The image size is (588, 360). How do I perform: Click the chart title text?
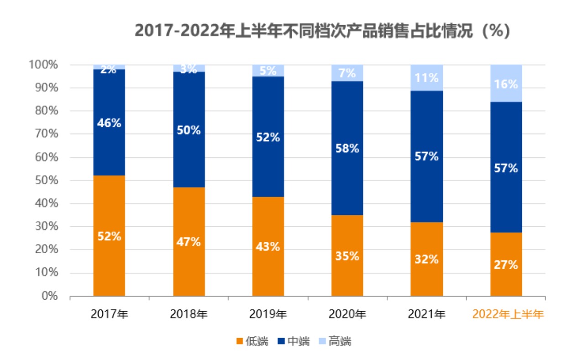[x=322, y=31]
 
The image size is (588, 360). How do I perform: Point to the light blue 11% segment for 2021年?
[x=427, y=78]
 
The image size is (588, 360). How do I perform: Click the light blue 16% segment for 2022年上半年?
[x=506, y=83]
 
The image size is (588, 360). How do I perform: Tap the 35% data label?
[x=347, y=256]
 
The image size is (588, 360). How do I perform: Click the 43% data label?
[x=268, y=247]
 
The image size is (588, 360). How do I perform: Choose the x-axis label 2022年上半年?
[x=508, y=314]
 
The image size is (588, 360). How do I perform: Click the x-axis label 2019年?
[x=268, y=314]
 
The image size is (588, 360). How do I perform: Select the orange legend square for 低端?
[x=239, y=341]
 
